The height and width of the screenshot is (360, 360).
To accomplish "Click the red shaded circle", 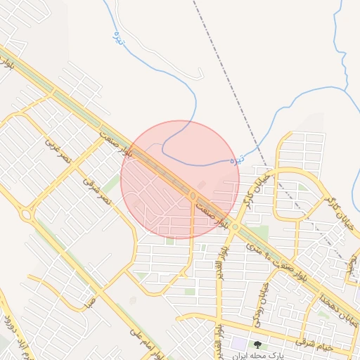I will click(x=180, y=180).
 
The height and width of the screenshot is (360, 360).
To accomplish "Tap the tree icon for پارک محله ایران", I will click(x=257, y=345).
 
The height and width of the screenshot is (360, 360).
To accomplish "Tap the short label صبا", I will click(x=89, y=302).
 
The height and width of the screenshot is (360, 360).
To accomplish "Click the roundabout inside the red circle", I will click(x=193, y=195).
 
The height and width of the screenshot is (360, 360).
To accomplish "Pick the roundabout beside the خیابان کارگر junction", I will click(x=236, y=227).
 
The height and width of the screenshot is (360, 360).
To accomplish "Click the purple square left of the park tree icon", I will click(x=238, y=345).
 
